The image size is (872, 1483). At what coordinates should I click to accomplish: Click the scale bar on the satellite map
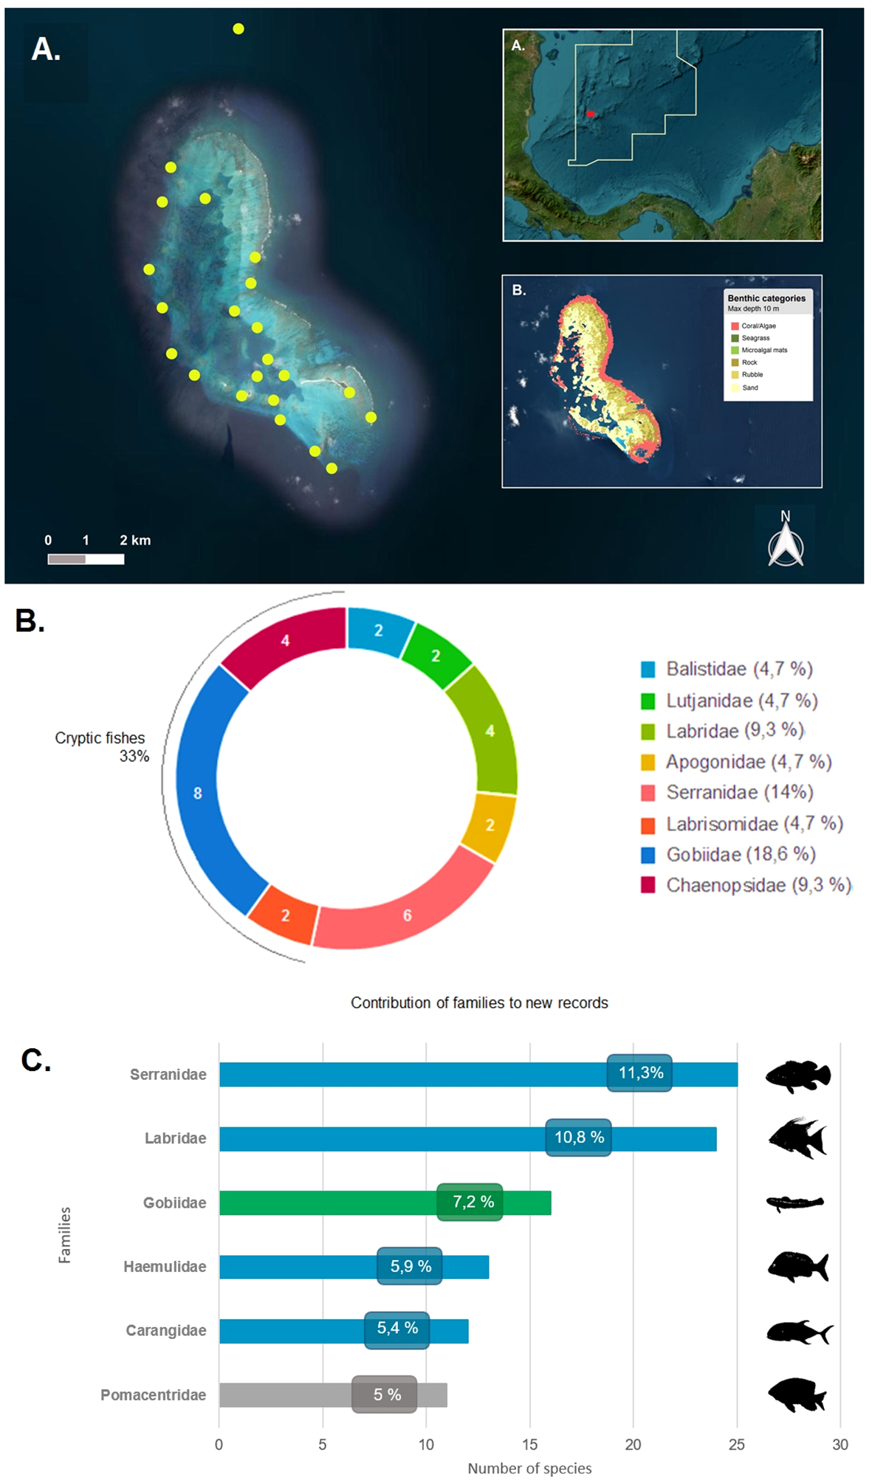point(86,559)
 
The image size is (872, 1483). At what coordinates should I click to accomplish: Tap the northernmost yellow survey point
point(238,29)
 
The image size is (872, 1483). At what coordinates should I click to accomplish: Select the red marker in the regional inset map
point(590,114)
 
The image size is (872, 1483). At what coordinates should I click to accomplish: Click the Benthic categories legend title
point(766,298)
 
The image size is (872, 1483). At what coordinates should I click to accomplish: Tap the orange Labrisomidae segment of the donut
point(284,915)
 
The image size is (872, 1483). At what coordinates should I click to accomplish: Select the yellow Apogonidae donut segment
point(490,825)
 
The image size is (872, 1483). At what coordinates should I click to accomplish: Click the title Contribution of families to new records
point(479,1002)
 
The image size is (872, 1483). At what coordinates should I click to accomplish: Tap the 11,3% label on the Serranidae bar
point(639,1073)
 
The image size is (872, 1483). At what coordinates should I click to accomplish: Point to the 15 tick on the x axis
point(529,1445)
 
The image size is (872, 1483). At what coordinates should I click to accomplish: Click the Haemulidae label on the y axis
point(165,1267)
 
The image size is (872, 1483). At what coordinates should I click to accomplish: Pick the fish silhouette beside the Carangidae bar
point(799,1332)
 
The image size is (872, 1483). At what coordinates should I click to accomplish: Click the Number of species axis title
point(529,1468)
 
